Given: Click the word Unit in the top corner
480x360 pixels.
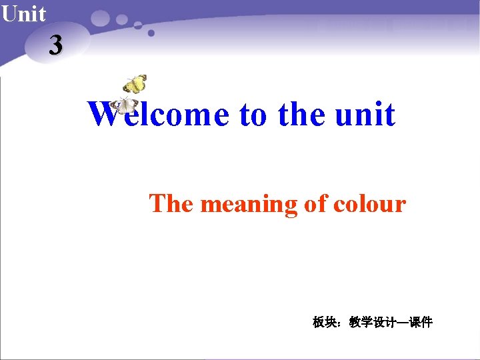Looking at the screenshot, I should click(23, 13).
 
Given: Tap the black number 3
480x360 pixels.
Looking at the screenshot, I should click(56, 45).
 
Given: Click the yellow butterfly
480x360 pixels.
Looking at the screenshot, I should click(135, 84).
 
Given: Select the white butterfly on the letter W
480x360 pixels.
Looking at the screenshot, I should click(125, 105).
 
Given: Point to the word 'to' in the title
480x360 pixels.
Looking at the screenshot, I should click(253, 114).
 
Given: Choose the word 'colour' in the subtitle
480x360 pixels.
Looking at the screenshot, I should click(369, 203).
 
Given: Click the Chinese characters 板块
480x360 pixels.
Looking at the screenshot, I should click(325, 323).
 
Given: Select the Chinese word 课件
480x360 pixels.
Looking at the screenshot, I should click(421, 323).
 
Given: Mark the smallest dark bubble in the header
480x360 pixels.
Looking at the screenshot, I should click(151, 33).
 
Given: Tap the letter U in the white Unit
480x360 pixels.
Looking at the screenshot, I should click(9, 13).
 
